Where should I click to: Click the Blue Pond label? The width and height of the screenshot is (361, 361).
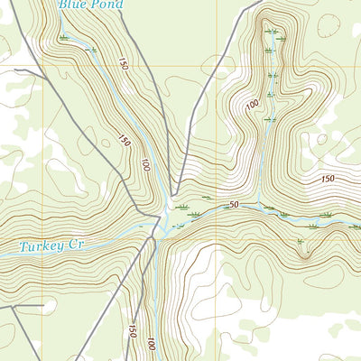pyautogui.click(x=89, y=5)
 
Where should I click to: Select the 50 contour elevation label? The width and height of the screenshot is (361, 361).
pyautogui.click(x=234, y=206)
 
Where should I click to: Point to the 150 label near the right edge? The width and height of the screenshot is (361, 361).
pyautogui.click(x=327, y=180)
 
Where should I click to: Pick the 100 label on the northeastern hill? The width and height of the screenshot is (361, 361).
pyautogui.click(x=252, y=105)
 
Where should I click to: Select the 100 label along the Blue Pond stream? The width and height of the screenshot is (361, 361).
pyautogui.click(x=144, y=164)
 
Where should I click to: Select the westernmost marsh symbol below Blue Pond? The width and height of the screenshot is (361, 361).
pyautogui.click(x=63, y=38)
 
